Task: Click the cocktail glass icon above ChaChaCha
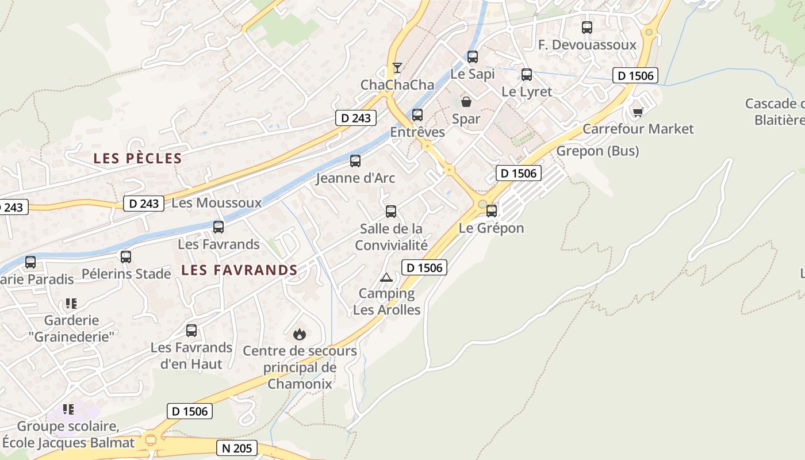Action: (x=397, y=68)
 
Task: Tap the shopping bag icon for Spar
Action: (x=466, y=102)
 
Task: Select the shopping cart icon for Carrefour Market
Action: (x=637, y=112)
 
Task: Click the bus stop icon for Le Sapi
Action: (x=473, y=57)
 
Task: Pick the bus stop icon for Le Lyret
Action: (x=526, y=74)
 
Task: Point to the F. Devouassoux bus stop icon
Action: (x=586, y=27)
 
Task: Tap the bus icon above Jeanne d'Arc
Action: (x=355, y=161)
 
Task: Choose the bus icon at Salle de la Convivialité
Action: (x=391, y=211)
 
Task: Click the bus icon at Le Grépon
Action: (x=491, y=211)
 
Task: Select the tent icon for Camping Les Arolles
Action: (x=386, y=277)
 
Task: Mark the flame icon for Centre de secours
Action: (x=299, y=334)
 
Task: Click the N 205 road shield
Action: (x=236, y=448)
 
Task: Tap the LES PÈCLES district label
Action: (x=138, y=159)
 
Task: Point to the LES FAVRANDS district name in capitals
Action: (x=239, y=270)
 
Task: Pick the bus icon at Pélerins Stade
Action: (x=126, y=256)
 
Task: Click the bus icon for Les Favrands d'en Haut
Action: (x=191, y=331)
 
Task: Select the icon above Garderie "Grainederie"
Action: (x=71, y=303)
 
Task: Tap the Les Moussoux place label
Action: (x=216, y=202)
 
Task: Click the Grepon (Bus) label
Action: (x=597, y=151)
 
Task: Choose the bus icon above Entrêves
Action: (x=417, y=115)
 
